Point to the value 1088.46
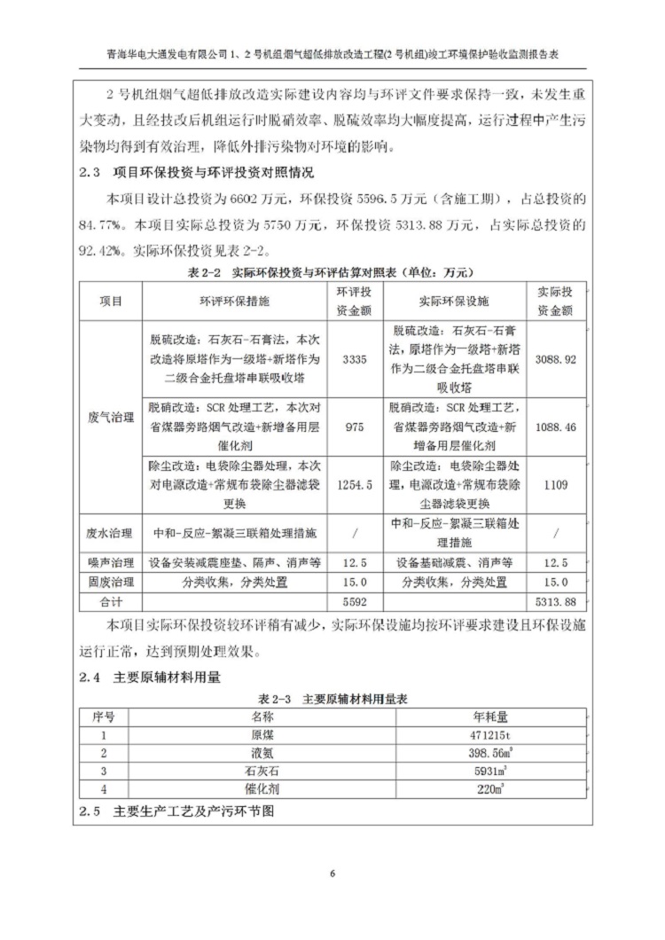(x=556, y=427)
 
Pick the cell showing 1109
(x=556, y=485)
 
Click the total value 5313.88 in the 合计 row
(x=556, y=602)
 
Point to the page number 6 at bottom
(x=332, y=874)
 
